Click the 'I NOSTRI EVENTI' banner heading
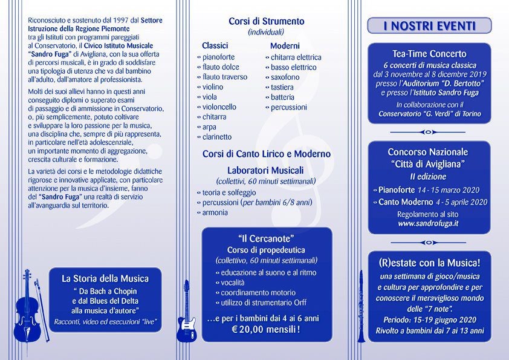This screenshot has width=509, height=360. tap(429, 26)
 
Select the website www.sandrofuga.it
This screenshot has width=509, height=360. tap(428, 223)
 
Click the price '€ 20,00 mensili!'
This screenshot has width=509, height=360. tap(266, 330)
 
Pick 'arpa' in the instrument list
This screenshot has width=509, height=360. tap(210, 126)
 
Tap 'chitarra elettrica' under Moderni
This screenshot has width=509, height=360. tap(296, 57)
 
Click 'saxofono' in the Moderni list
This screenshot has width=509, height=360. tap(285, 77)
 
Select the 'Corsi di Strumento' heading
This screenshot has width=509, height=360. tap(266, 21)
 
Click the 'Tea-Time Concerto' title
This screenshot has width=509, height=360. tap(429, 54)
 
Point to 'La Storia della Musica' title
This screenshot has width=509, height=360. tap(105, 279)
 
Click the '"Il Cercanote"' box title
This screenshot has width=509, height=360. tap(266, 238)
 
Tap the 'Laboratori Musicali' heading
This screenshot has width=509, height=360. tap(266, 170)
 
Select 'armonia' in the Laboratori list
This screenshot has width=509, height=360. tap(215, 212)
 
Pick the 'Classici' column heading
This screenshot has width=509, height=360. tap(215, 45)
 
